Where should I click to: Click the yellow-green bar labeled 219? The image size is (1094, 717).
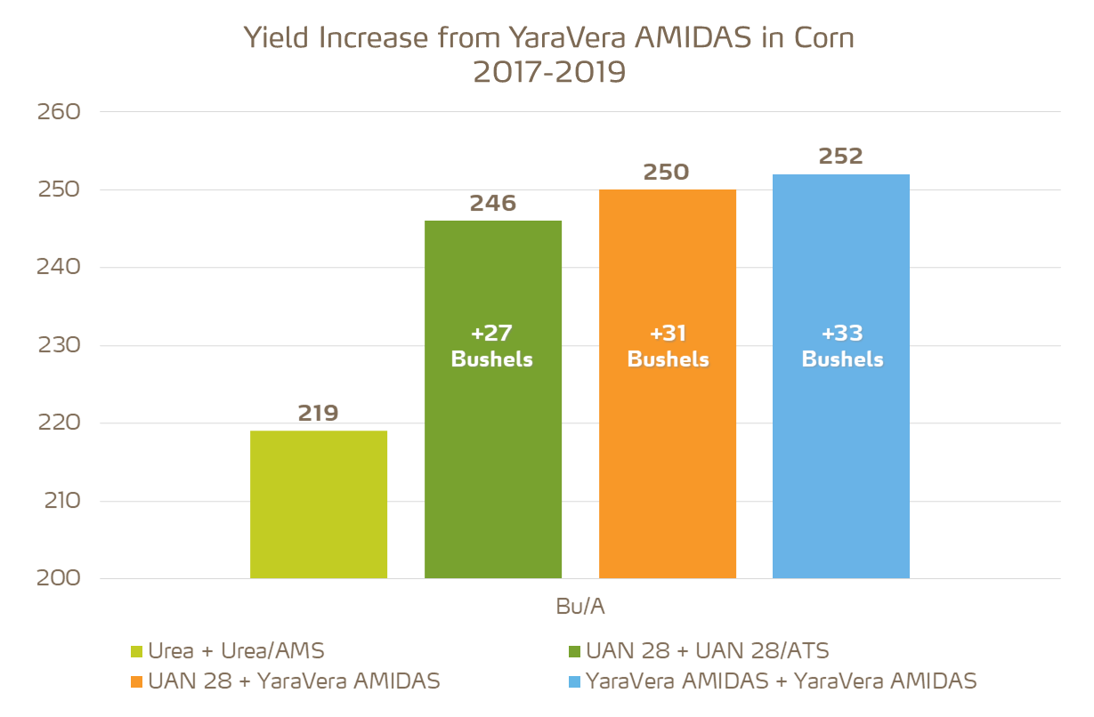tap(319, 504)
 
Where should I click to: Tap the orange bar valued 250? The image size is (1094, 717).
tap(668, 445)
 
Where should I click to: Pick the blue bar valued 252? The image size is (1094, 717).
tap(841, 445)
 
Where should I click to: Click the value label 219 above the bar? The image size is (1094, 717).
tap(319, 414)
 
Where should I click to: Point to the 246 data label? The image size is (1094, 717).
tap(493, 203)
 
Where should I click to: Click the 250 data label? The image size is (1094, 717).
tap(667, 172)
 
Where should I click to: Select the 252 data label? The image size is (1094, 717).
tap(841, 157)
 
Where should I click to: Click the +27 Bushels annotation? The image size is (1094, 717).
tap(492, 346)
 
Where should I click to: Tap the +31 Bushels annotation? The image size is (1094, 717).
tap(668, 346)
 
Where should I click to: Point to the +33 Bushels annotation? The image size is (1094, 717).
tap(842, 346)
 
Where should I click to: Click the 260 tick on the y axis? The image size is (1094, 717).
tap(59, 112)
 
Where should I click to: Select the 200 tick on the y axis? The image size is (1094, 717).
tap(59, 578)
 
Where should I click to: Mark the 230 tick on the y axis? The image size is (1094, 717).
tap(59, 345)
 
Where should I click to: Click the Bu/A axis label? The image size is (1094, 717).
tap(580, 606)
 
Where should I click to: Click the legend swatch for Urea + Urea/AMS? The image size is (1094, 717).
tap(137, 652)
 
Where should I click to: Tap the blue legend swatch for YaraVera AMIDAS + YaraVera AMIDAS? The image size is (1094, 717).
tap(574, 682)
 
